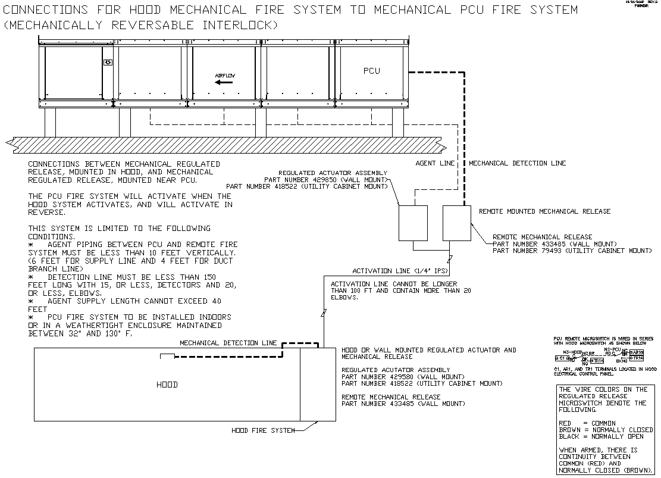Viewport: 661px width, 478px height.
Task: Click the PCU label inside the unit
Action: (x=371, y=71)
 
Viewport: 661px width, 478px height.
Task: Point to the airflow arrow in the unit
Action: (x=224, y=83)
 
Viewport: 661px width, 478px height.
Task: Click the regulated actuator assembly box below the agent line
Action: (x=413, y=223)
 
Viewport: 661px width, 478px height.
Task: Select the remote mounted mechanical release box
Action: (x=457, y=223)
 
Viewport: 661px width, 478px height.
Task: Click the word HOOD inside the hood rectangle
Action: (x=167, y=385)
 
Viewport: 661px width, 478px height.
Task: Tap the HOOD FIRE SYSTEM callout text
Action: (x=263, y=430)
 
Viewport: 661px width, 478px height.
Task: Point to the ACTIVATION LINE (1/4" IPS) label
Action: (x=397, y=271)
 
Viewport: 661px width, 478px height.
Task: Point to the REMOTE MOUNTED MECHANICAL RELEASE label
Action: (x=544, y=211)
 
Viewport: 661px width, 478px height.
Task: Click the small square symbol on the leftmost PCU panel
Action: (x=108, y=62)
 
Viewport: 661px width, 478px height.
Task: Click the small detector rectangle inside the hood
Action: (x=167, y=356)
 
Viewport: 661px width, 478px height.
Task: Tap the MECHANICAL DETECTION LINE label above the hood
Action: (x=228, y=343)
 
